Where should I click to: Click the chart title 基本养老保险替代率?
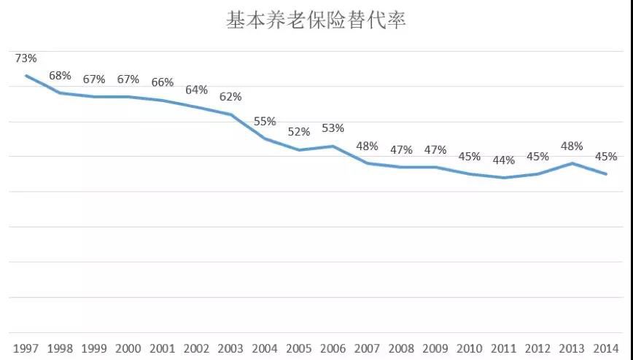tap(316, 20)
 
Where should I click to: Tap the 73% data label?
tap(26, 58)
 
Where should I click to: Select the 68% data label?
tap(60, 76)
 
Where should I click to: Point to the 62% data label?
tap(230, 97)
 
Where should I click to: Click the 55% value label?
tap(265, 121)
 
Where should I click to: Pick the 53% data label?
tap(333, 128)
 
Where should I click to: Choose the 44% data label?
tap(503, 160)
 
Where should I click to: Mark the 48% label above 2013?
tap(572, 146)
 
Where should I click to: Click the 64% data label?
tap(196, 90)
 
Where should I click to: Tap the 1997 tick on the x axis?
tap(26, 348)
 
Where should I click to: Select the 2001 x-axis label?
tap(162, 348)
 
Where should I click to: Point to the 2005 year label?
tap(298, 348)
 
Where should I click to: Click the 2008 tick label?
tap(401, 348)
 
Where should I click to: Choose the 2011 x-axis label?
tap(503, 348)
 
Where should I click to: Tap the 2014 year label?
tap(606, 348)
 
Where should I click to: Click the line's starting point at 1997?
tap(26, 76)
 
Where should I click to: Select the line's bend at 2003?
tap(230, 114)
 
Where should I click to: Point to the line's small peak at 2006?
tap(333, 146)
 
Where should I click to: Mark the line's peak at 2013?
tap(572, 163)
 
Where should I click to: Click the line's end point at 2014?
tap(606, 174)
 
